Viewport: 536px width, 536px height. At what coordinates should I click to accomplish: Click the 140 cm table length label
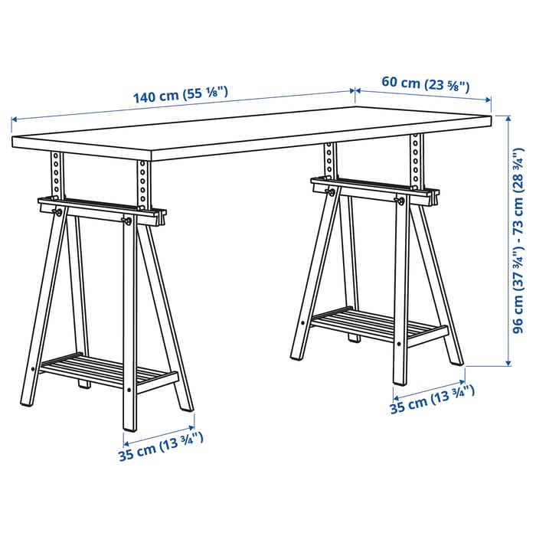[x=181, y=95]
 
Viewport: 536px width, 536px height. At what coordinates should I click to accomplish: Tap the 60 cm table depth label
[x=426, y=83]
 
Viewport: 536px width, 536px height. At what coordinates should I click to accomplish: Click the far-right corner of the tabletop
[x=491, y=118]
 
